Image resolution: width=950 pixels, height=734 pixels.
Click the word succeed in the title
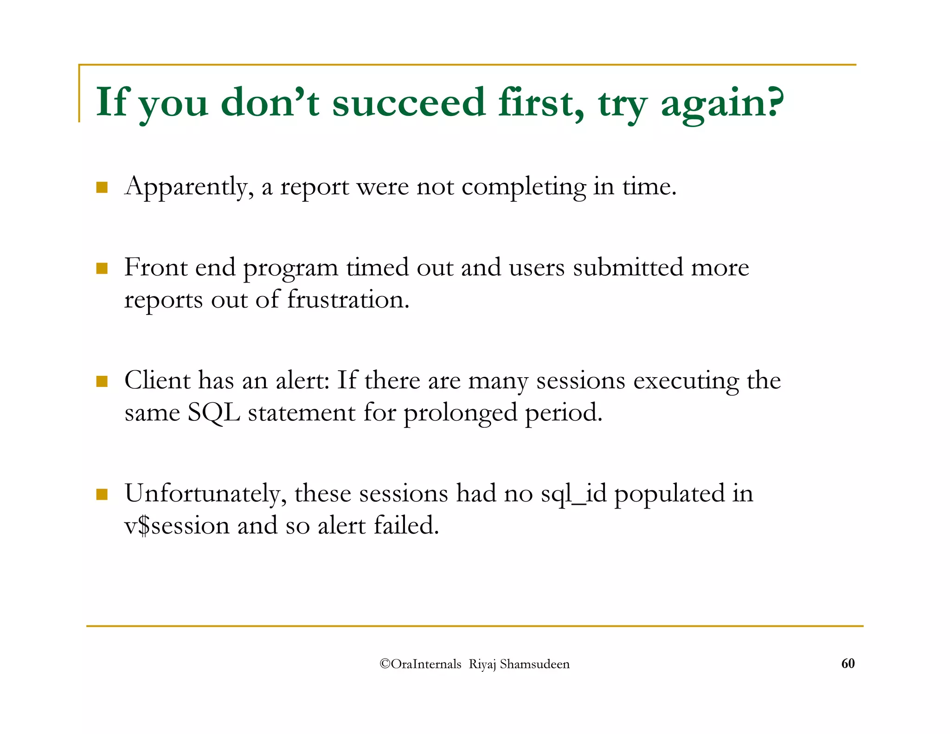coord(408,103)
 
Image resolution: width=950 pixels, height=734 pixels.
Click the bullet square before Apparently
coord(102,187)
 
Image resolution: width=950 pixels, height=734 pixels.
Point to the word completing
coord(524,187)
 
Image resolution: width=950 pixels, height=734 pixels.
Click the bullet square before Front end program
coord(102,268)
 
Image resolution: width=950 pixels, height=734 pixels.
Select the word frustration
coord(348,300)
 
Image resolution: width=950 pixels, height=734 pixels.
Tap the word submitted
coord(628,268)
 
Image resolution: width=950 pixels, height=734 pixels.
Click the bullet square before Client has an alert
coord(102,381)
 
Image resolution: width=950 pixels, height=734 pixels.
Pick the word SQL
coord(213,412)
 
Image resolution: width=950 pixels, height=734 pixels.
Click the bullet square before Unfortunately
coord(102,494)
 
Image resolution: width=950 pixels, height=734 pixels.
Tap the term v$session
coord(177,526)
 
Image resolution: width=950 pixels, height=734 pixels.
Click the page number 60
coord(847,663)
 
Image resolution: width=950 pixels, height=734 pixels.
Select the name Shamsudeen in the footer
coord(534,664)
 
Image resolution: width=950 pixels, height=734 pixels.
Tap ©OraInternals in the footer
coord(420,664)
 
